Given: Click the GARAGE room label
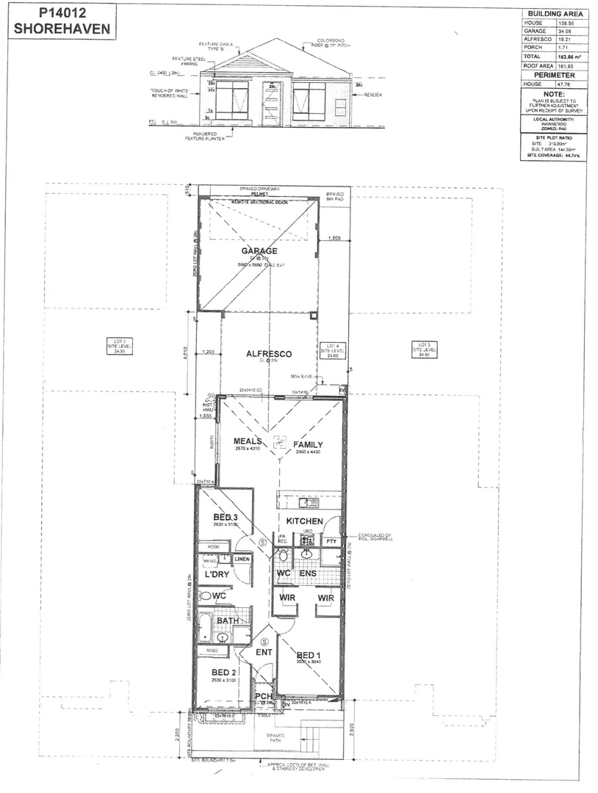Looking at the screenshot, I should point(259,250).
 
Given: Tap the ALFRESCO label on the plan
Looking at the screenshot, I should point(268,354).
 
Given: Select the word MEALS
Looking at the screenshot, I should point(248,441).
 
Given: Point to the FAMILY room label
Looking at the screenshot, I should point(309,445).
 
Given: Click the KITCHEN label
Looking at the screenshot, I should point(305,521).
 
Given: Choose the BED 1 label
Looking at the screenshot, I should point(308,654).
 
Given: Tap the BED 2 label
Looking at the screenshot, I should point(223,672).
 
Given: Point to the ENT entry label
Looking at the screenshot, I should point(264,651).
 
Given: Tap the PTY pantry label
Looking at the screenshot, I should point(331,542).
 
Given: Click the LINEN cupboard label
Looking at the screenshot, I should point(242,560).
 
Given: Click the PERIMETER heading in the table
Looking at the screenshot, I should point(553,76).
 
